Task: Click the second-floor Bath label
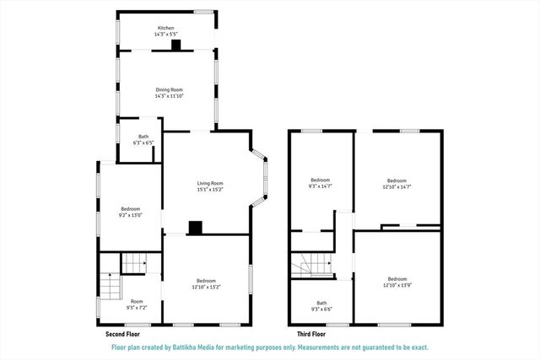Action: point(143,139)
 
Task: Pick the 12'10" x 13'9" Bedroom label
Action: point(397,281)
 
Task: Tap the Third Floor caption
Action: point(303,333)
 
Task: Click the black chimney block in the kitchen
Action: point(175,46)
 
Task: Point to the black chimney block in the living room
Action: point(196,227)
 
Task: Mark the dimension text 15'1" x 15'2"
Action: point(210,190)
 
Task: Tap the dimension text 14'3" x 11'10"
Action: point(169,96)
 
